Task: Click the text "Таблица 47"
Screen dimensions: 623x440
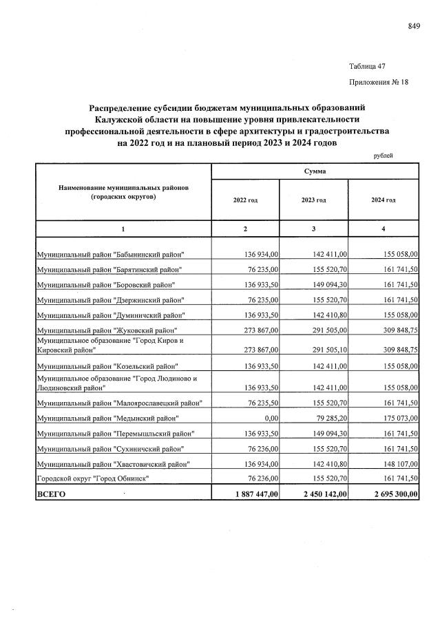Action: point(367,66)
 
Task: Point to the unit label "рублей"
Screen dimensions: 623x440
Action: point(383,156)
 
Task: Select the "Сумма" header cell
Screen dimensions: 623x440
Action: point(315,171)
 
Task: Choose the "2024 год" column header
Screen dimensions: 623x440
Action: point(384,200)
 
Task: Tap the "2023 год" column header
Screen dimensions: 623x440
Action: point(313,200)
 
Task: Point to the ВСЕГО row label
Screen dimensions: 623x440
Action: point(52,494)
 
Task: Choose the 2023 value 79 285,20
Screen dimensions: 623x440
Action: point(326,418)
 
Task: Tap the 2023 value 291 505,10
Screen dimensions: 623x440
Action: point(325,349)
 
